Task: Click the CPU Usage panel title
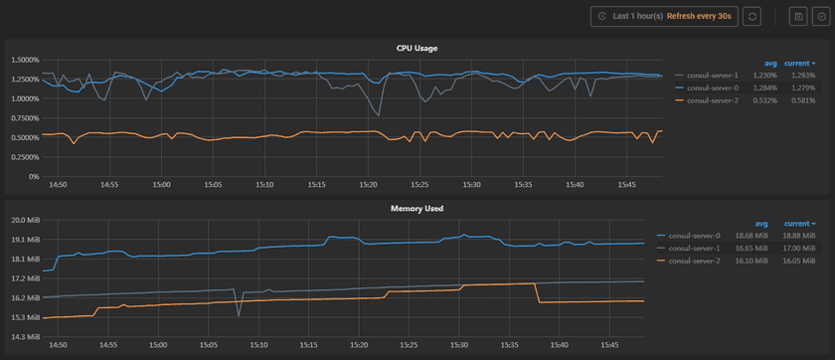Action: click(x=417, y=48)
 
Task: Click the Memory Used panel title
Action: click(x=417, y=209)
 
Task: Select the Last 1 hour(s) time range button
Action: click(x=661, y=16)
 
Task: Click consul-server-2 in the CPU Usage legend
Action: click(x=712, y=100)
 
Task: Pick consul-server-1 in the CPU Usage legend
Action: click(x=712, y=76)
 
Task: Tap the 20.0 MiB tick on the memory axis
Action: click(x=24, y=220)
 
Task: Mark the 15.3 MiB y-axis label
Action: click(x=24, y=317)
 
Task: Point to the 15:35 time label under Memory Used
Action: click(x=511, y=346)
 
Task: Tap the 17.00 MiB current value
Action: click(x=799, y=248)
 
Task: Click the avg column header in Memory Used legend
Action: click(x=761, y=224)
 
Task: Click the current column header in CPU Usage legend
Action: click(x=798, y=63)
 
